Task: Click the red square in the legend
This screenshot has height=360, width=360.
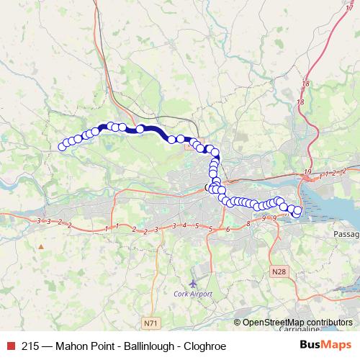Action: tap(9, 346)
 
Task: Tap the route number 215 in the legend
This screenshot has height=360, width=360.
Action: tap(30, 346)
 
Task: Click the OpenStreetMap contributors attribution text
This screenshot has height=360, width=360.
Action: tap(297, 323)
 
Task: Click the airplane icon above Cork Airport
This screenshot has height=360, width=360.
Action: tap(192, 283)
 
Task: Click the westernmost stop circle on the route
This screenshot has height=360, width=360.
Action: tap(62, 147)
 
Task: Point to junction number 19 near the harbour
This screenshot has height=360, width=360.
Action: tap(308, 171)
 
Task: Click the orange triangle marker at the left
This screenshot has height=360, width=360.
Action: tap(41, 246)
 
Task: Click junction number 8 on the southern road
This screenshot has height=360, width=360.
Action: tap(248, 224)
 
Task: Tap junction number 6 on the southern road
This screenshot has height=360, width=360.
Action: tap(227, 229)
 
